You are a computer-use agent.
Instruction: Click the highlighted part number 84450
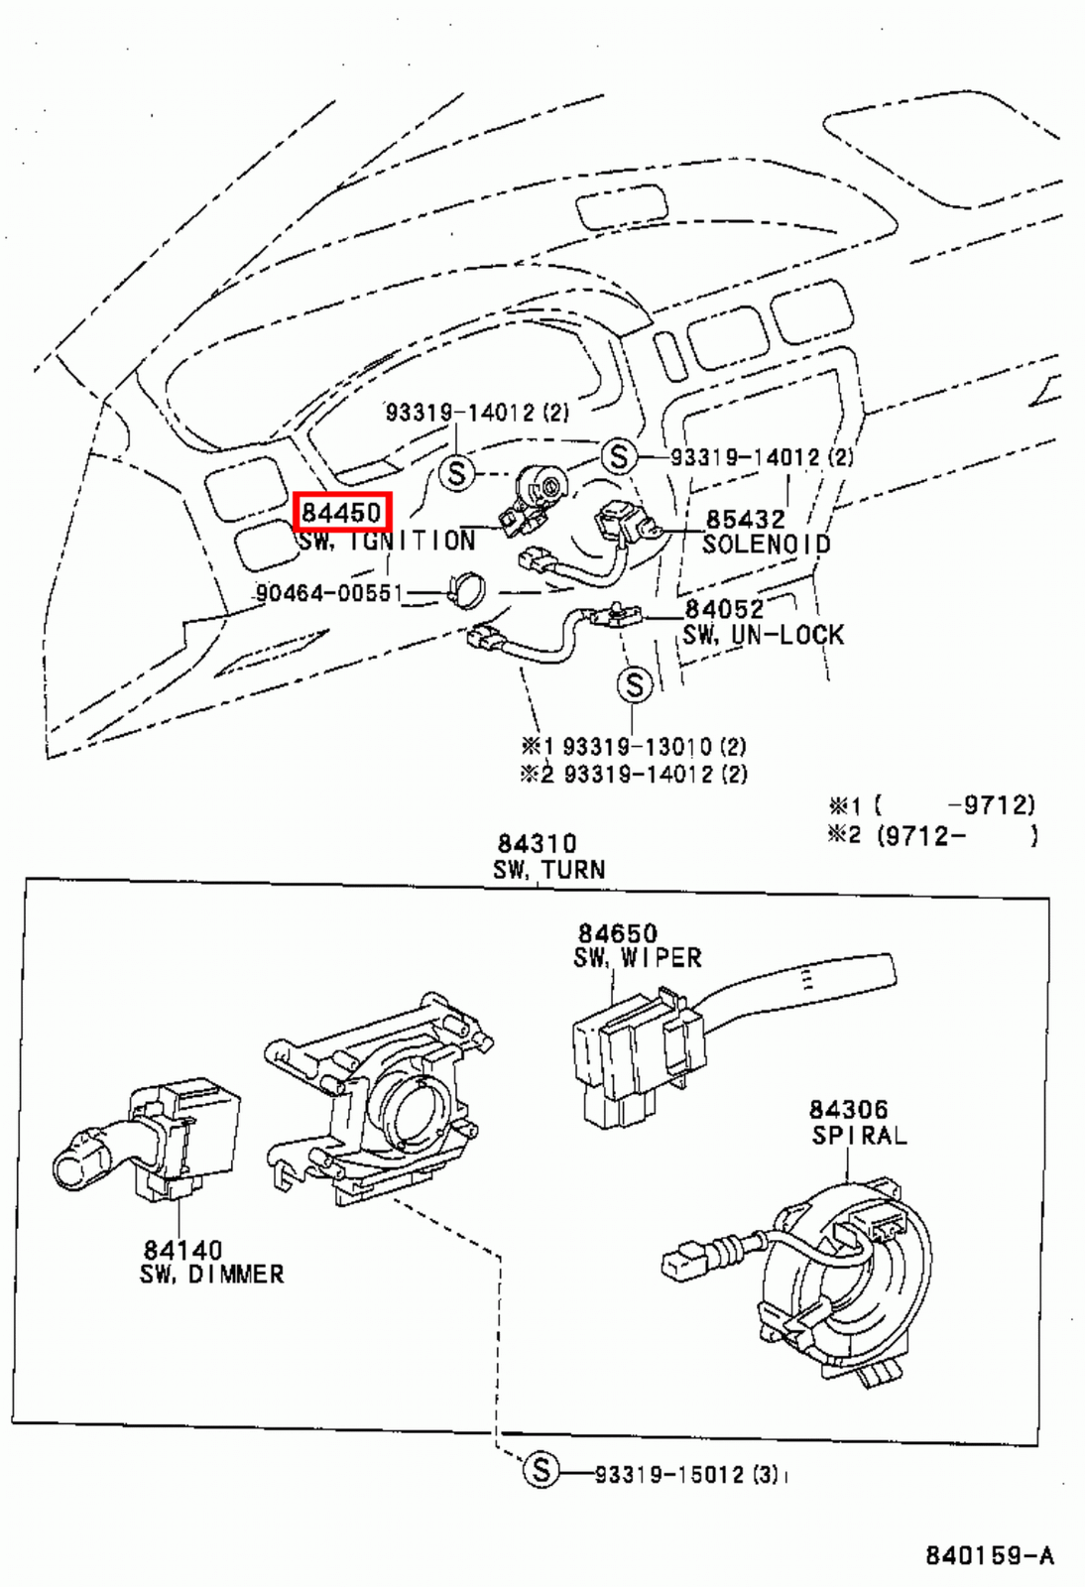click(x=342, y=512)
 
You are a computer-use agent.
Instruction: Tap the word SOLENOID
click(x=766, y=544)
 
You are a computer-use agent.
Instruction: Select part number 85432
click(x=745, y=519)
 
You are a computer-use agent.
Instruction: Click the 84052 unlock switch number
click(x=724, y=608)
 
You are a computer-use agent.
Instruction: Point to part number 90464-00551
click(x=329, y=593)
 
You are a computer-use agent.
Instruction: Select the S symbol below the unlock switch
click(x=635, y=684)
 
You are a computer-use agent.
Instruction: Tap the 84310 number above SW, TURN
click(x=537, y=843)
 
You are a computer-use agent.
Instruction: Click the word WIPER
click(x=661, y=957)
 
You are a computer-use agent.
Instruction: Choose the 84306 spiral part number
click(x=848, y=1109)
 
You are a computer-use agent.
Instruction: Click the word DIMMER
click(x=236, y=1274)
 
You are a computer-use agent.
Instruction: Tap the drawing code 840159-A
click(x=989, y=1554)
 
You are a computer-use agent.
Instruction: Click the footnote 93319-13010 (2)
click(x=654, y=746)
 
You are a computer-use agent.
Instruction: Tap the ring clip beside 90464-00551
click(x=465, y=591)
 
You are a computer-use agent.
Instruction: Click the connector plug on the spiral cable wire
click(x=684, y=1262)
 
